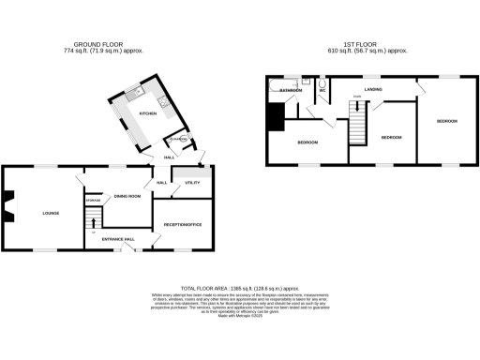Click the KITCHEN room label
tap(147, 114)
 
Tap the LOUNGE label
tap(51, 214)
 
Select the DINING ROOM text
tap(127, 196)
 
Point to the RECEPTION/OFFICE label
tap(184, 225)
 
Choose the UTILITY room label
tap(192, 183)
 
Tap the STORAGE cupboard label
tap(94, 202)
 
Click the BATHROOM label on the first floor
tap(291, 90)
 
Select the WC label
tap(322, 91)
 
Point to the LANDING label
tap(373, 89)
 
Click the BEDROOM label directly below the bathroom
tap(308, 142)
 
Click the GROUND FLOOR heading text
tap(98, 43)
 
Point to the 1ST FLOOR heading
tap(362, 43)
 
